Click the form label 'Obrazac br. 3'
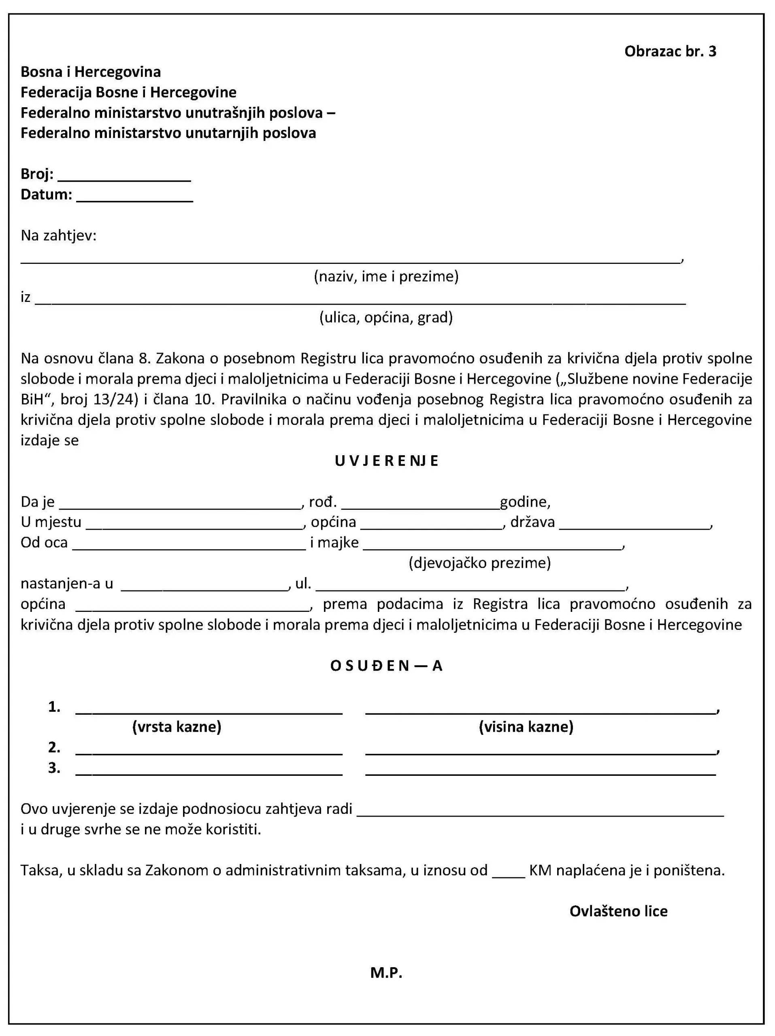tap(670, 51)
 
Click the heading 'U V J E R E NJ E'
tap(387, 461)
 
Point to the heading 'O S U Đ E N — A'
tap(387, 666)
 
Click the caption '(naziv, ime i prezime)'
tap(386, 276)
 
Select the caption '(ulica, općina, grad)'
tap(386, 318)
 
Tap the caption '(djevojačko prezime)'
tap(479, 563)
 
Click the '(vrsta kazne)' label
tap(177, 726)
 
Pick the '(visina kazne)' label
tap(526, 726)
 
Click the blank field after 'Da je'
tap(179, 504)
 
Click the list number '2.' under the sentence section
tap(54, 747)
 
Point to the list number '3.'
tap(54, 768)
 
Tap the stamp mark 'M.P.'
tap(386, 973)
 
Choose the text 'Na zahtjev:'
tap(59, 235)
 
